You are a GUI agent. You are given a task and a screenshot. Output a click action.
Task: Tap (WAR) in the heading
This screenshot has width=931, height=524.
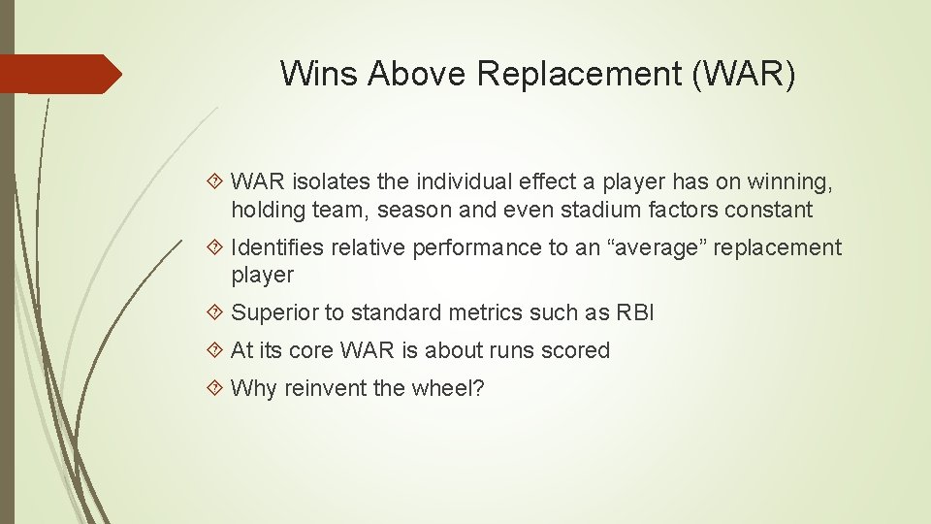coord(743,74)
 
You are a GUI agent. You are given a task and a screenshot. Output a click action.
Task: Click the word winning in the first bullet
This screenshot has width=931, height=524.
coord(789,181)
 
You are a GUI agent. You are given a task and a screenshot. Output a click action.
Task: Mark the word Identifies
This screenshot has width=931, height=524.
coord(277,247)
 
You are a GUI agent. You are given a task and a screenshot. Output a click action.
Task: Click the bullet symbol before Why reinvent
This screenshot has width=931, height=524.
coord(216,389)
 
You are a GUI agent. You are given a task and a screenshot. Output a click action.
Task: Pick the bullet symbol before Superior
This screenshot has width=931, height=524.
coord(216,313)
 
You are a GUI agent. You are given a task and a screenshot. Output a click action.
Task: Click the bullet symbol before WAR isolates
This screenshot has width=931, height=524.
coord(216,182)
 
